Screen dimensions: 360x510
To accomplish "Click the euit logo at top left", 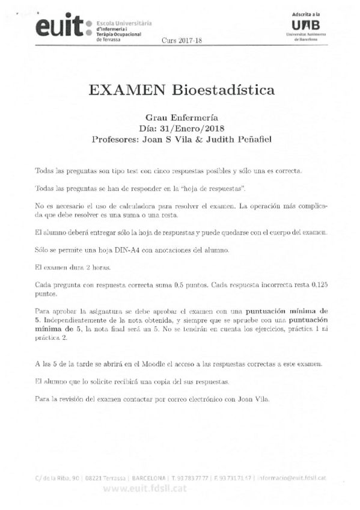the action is [x=58, y=25].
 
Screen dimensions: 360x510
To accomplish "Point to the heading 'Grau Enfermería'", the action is [x=181, y=118].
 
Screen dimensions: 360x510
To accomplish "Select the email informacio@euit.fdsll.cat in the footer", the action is [x=294, y=478].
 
